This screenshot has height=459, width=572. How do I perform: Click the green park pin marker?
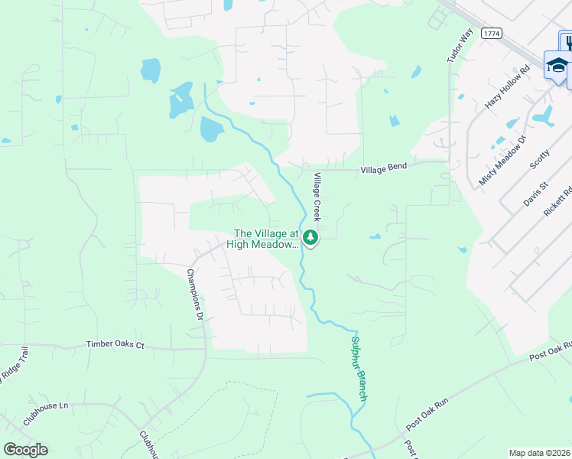coord(310,238)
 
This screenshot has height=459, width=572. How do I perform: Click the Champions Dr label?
coord(196,295)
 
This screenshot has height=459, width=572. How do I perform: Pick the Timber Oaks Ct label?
coord(115,345)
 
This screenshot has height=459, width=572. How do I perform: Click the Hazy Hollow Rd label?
coord(508,88)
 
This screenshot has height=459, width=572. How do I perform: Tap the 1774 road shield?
coord(492,34)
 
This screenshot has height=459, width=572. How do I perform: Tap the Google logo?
coord(25,450)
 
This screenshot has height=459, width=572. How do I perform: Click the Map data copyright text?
coord(539,453)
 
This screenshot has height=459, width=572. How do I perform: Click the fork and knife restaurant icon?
coord(567,43)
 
